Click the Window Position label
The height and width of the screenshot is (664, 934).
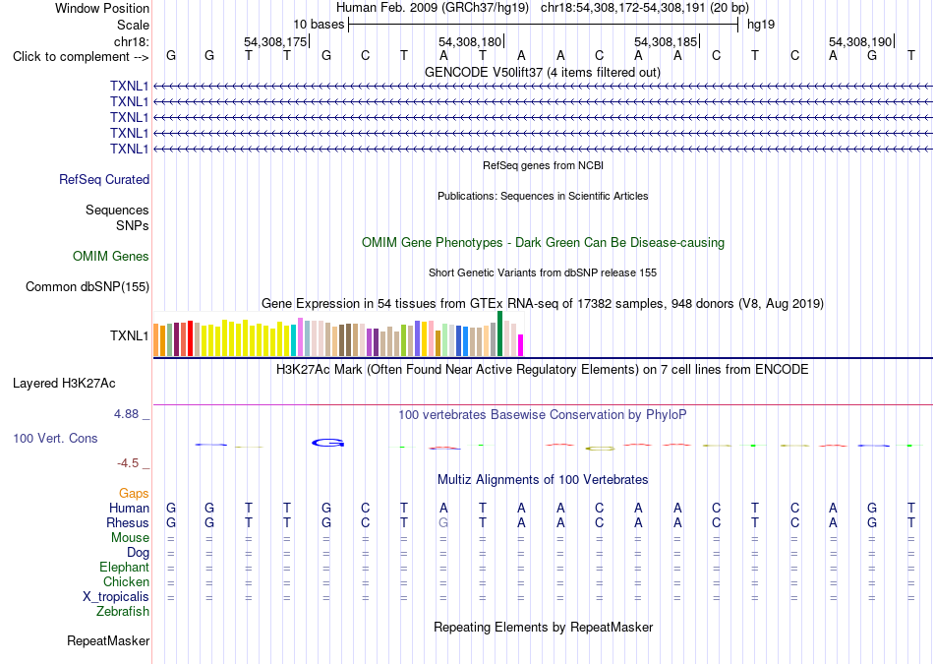(x=102, y=8)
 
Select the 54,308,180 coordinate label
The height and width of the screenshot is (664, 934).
(x=470, y=41)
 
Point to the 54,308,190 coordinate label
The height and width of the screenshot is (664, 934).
(x=860, y=41)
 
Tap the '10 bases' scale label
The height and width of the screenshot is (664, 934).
(x=319, y=25)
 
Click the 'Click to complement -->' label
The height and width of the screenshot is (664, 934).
(x=81, y=57)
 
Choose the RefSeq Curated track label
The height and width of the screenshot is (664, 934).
(x=104, y=179)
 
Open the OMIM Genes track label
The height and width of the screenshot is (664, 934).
(x=111, y=257)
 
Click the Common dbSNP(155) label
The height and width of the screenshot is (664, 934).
(x=88, y=286)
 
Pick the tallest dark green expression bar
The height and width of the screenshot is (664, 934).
(x=499, y=333)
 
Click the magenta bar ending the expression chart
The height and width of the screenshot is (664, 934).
(x=520, y=345)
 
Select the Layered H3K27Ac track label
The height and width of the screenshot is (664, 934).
(x=64, y=384)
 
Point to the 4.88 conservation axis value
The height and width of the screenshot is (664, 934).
(x=126, y=414)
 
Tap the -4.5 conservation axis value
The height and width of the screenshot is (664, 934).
(x=128, y=463)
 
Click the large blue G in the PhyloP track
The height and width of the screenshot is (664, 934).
(x=328, y=443)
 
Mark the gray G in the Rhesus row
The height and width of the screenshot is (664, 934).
(x=443, y=522)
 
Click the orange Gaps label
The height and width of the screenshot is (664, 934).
(x=134, y=493)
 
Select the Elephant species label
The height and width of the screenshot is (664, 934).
(x=124, y=567)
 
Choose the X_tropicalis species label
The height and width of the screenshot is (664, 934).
(x=116, y=597)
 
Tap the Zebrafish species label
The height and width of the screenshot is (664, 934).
(x=123, y=611)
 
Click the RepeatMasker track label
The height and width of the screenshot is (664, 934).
(x=108, y=640)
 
